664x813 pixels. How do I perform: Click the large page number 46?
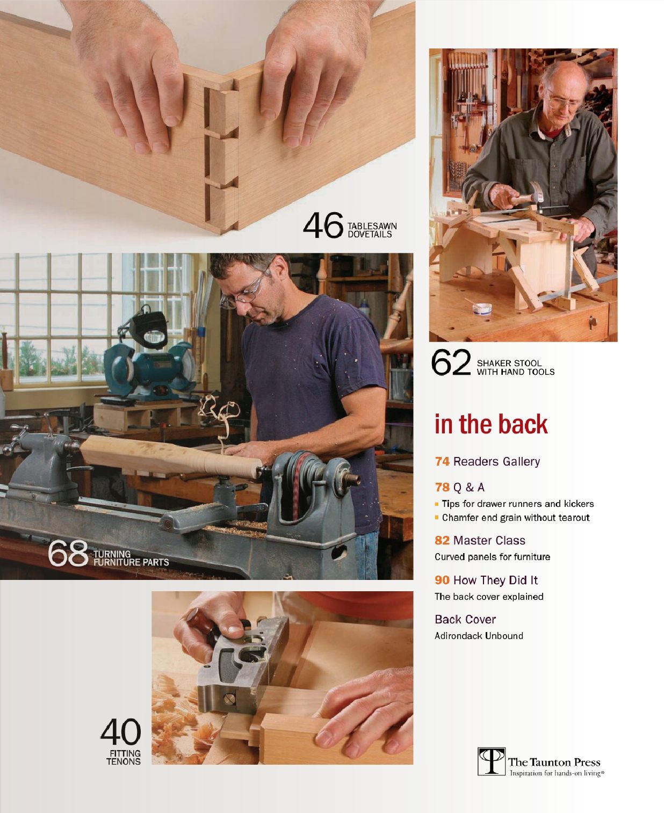tap(323, 226)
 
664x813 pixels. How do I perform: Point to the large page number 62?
tap(451, 363)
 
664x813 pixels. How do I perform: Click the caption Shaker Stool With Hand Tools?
tap(515, 367)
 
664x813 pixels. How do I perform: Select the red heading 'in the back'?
tap(491, 424)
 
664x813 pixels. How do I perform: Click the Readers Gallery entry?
tap(487, 461)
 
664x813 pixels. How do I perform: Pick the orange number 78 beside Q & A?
tap(442, 487)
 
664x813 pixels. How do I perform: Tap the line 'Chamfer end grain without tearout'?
tap(515, 518)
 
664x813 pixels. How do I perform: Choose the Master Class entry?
tap(480, 540)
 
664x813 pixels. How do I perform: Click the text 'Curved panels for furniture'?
tap(492, 557)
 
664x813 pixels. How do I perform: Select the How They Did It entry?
tap(486, 580)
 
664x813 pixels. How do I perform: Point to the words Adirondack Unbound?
tap(479, 636)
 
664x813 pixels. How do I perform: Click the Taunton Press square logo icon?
tap(491, 761)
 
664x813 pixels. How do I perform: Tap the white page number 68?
tap(68, 554)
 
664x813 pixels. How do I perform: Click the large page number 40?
tap(121, 732)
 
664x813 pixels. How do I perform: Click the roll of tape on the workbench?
tap(481, 309)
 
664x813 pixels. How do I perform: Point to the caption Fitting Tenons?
tap(124, 757)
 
